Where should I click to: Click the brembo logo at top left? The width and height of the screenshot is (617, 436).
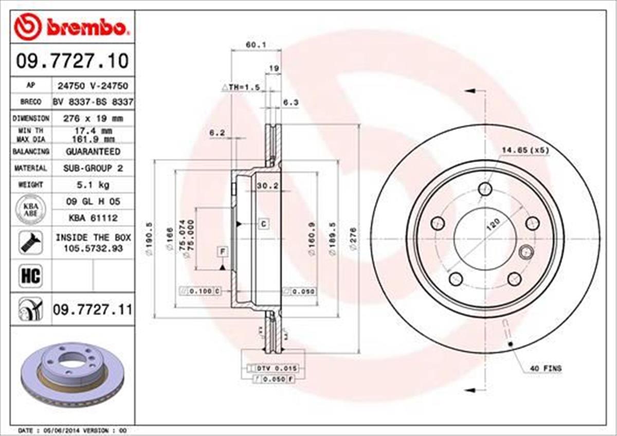(x=71, y=28)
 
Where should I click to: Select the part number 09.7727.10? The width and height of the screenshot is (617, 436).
(x=71, y=61)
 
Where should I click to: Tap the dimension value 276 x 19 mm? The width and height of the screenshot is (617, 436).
(x=93, y=118)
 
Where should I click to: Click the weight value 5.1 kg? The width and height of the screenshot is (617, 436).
(x=93, y=184)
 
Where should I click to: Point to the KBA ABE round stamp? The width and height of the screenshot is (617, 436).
(x=30, y=210)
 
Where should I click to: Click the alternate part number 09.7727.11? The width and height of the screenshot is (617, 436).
(x=93, y=310)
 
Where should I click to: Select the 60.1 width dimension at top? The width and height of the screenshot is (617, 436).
(x=256, y=45)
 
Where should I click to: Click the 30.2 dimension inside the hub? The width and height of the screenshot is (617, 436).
(x=267, y=186)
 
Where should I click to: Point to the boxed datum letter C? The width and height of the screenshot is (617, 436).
(x=263, y=224)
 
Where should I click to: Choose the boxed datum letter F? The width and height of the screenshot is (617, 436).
(x=222, y=252)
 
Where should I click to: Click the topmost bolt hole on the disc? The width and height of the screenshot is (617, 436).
(x=485, y=189)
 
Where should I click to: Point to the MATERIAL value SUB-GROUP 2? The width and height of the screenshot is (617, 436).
(x=93, y=168)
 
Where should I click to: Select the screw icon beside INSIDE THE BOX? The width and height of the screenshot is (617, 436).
(x=30, y=242)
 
